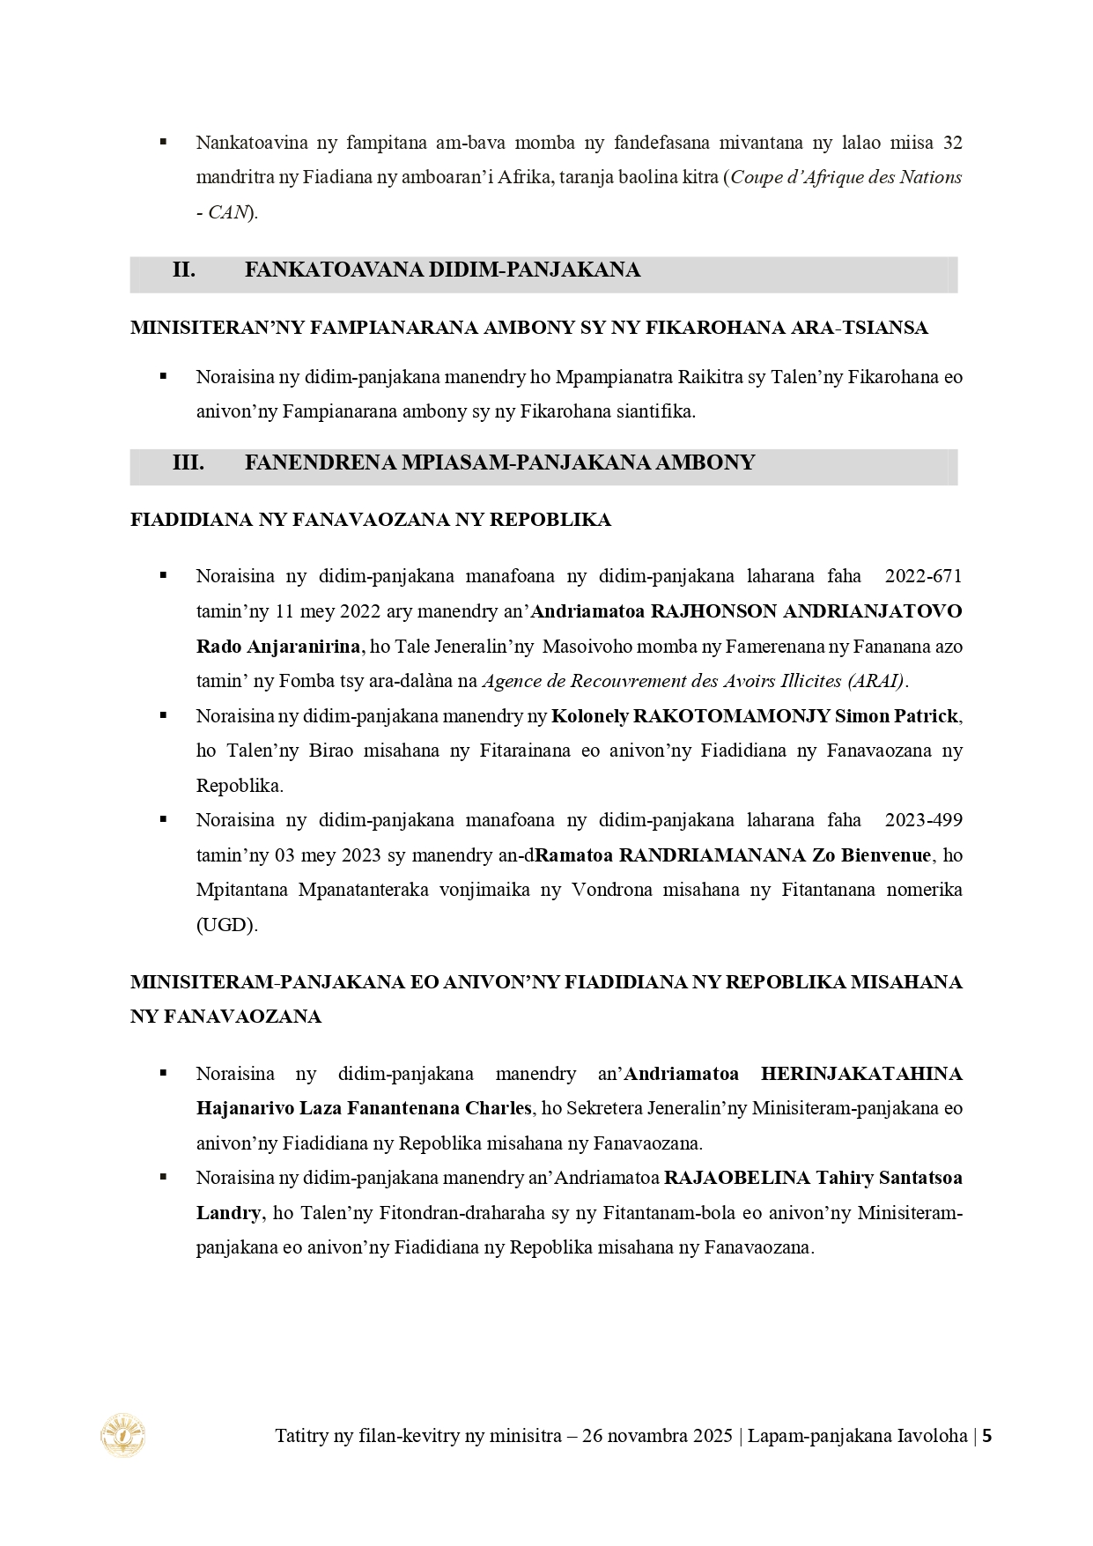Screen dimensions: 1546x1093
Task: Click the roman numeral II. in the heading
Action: [183, 270]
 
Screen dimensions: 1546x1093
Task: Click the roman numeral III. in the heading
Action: [188, 463]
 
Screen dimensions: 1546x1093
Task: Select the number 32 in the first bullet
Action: [952, 143]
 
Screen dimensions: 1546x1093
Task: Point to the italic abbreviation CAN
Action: [227, 212]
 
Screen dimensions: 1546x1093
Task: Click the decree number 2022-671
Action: [924, 576]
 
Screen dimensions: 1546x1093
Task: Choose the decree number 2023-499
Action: [924, 820]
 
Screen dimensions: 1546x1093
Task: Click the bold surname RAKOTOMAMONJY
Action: [691, 716]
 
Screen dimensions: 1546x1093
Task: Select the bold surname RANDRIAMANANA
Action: [713, 855]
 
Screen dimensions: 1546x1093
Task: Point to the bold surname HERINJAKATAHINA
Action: [861, 1074]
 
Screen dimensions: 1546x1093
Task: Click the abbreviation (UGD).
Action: [226, 926]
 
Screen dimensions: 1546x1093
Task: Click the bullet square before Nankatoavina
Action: [163, 141]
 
